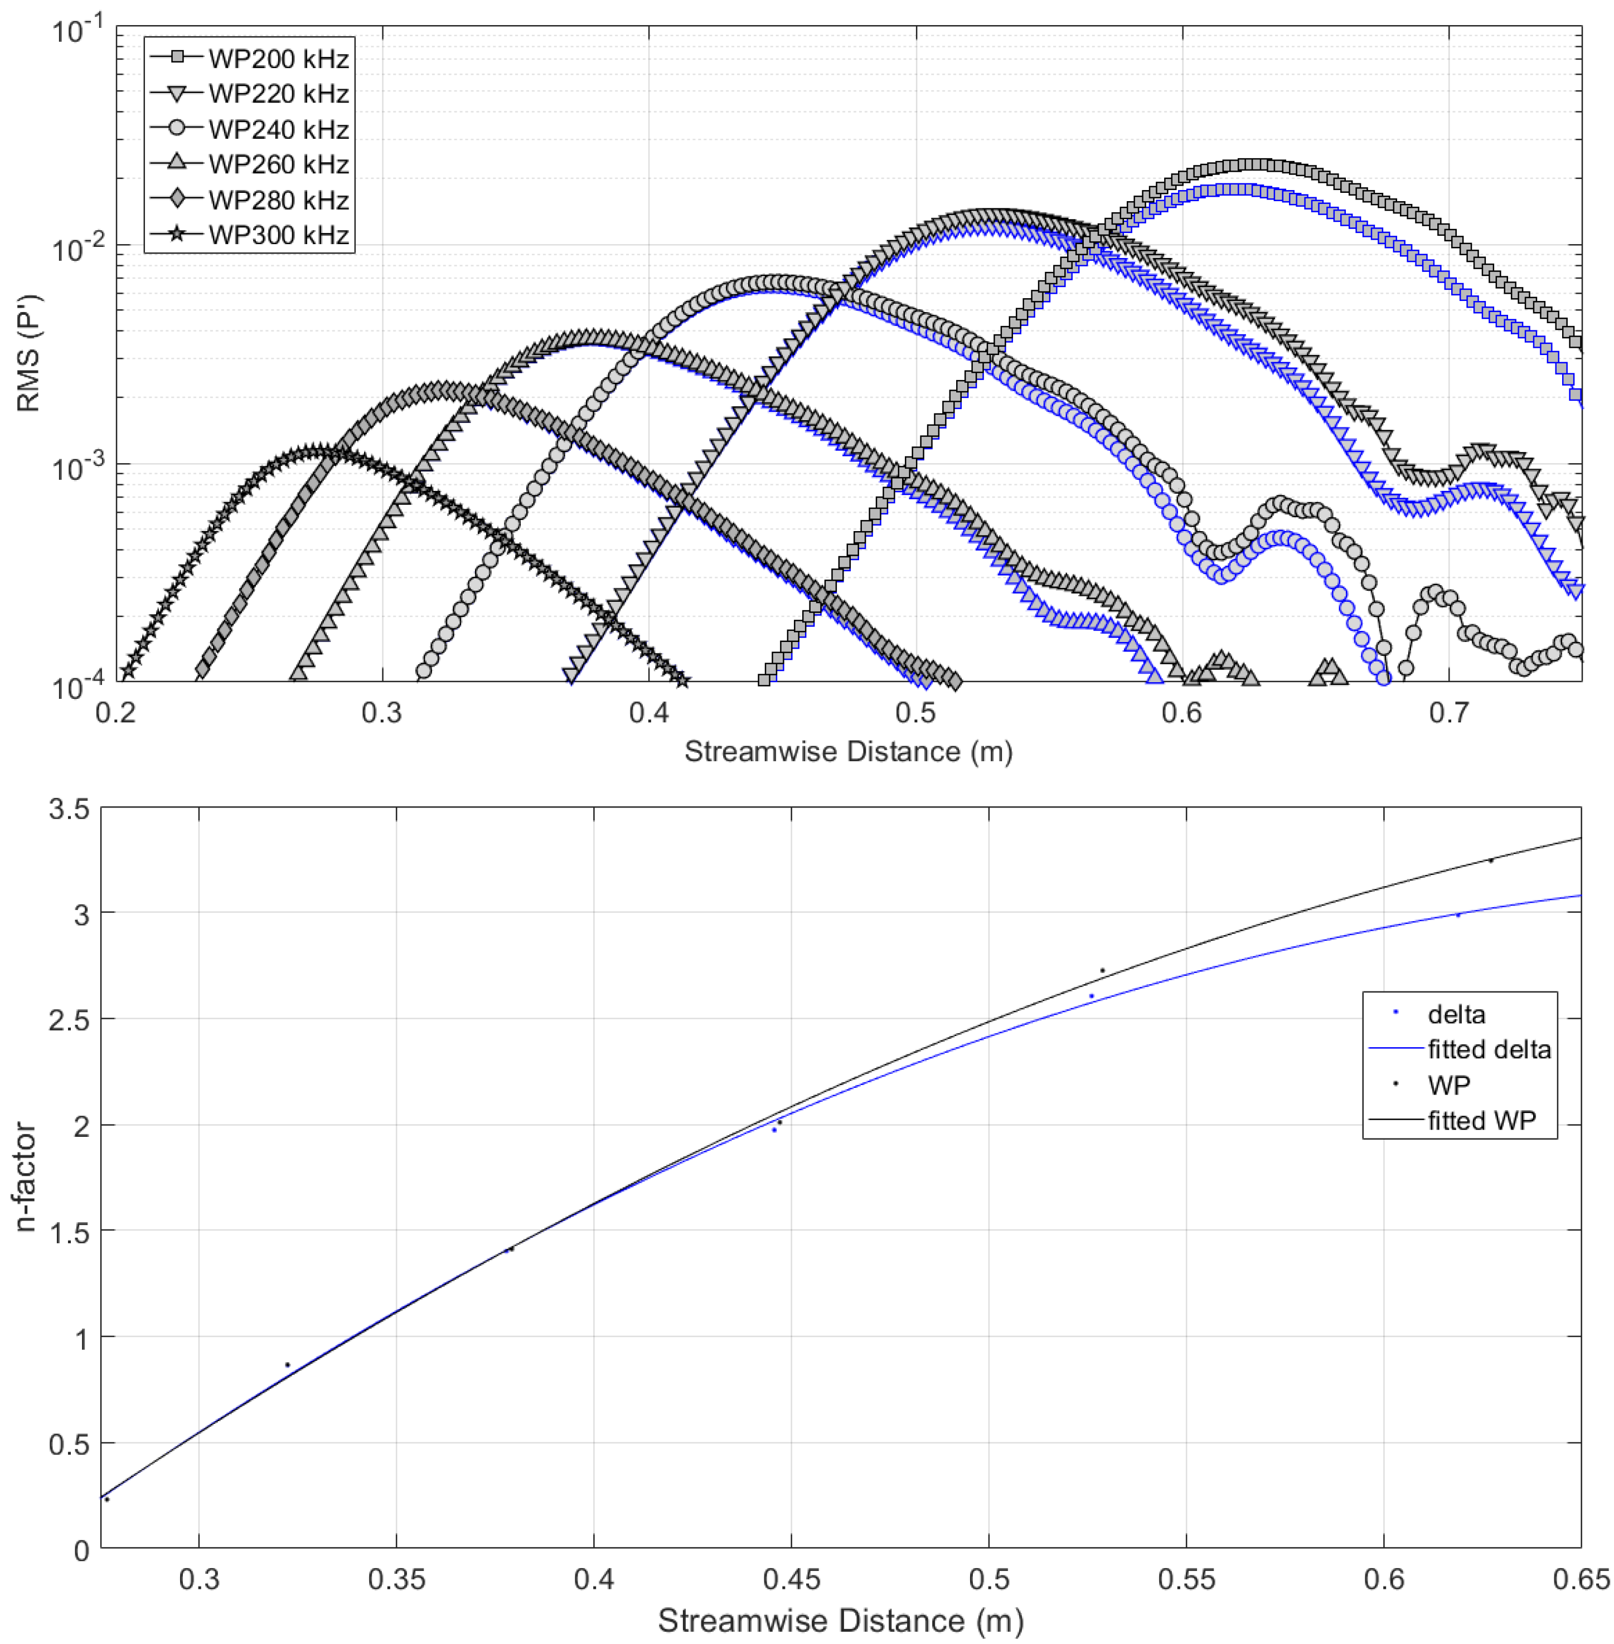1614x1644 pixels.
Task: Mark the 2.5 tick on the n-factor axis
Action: click(70, 1019)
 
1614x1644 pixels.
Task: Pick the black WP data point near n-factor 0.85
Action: click(287, 1364)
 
